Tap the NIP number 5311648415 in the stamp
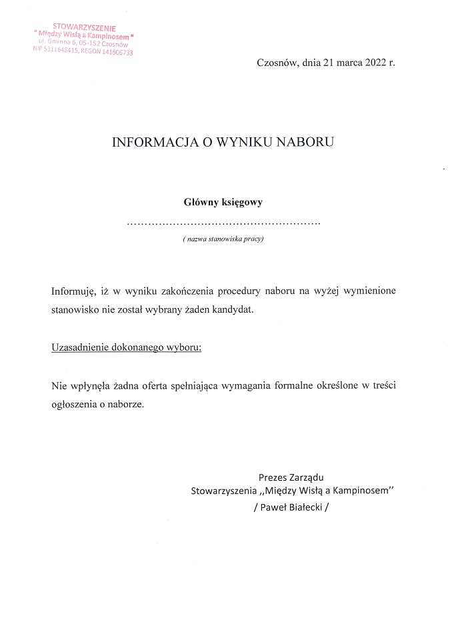pyautogui.click(x=61, y=49)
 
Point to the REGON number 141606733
pyautogui.click(x=112, y=52)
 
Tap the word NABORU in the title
pyautogui.click(x=305, y=142)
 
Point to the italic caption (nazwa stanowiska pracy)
pyautogui.click(x=223, y=239)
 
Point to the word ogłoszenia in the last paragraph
pyautogui.click(x=75, y=404)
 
